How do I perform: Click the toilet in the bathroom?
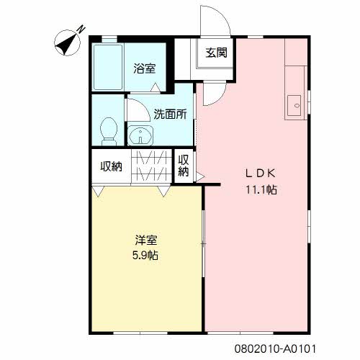109,131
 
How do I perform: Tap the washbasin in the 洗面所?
140,135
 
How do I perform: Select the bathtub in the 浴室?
108,67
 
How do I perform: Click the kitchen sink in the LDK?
294,105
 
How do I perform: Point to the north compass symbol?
68,42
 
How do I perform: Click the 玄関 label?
216,53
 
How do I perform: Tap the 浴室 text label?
145,68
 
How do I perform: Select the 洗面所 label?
170,114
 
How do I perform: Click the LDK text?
260,174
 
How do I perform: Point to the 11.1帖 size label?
261,190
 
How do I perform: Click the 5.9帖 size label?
145,256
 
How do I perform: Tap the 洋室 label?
146,240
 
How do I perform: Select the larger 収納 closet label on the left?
111,166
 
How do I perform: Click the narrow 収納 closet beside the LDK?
184,166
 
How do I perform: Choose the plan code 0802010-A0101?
275,348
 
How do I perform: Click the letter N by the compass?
81,30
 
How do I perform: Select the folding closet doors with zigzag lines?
152,166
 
